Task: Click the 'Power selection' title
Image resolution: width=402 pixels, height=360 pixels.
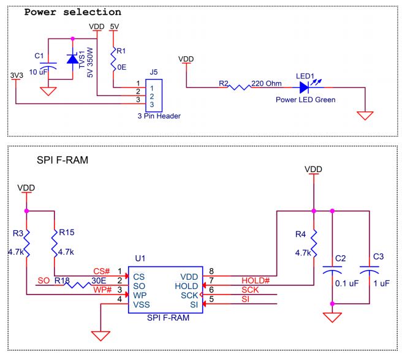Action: (72, 12)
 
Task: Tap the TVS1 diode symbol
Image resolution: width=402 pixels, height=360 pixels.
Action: (73, 59)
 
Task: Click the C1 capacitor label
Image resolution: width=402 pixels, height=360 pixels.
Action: (39, 56)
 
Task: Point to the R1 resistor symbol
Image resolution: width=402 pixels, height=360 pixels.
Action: (113, 60)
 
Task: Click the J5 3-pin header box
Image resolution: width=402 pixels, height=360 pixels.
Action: (153, 96)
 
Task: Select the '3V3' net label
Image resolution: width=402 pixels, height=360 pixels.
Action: (17, 75)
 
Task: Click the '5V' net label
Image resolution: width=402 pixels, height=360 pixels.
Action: (114, 27)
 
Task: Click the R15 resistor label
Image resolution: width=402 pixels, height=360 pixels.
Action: (67, 233)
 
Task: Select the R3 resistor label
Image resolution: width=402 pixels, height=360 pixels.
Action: (18, 233)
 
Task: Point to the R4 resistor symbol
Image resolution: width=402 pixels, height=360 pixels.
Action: (313, 245)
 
